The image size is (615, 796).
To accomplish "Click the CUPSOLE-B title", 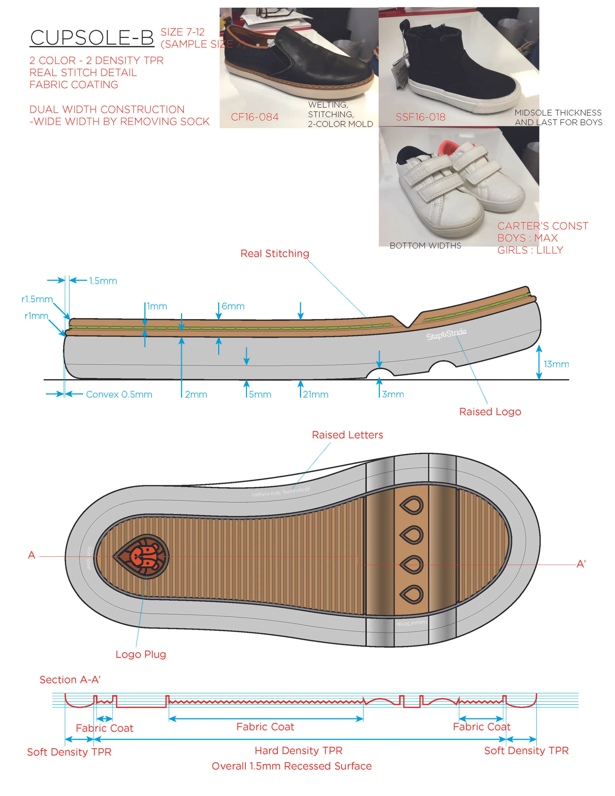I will (92, 38).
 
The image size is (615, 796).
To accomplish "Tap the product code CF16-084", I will (254, 117).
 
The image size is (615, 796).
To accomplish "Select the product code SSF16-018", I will (420, 117).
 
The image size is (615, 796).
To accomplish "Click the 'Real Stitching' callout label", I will (275, 254).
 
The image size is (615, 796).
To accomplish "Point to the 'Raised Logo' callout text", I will (490, 412).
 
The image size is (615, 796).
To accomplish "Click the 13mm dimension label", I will (556, 364).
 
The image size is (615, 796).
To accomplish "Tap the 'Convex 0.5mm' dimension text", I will (119, 394).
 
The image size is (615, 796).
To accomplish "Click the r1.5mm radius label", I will (37, 299).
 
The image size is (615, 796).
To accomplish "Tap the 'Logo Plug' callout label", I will (141, 654).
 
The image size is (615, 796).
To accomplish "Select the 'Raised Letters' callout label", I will (347, 435).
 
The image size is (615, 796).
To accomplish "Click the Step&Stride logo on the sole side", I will (446, 334).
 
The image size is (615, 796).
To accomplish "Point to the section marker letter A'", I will (581, 564).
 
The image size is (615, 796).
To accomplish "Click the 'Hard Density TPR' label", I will (298, 751).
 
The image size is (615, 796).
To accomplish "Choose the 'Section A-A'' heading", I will (70, 680).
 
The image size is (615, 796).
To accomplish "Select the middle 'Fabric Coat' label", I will (265, 727).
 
